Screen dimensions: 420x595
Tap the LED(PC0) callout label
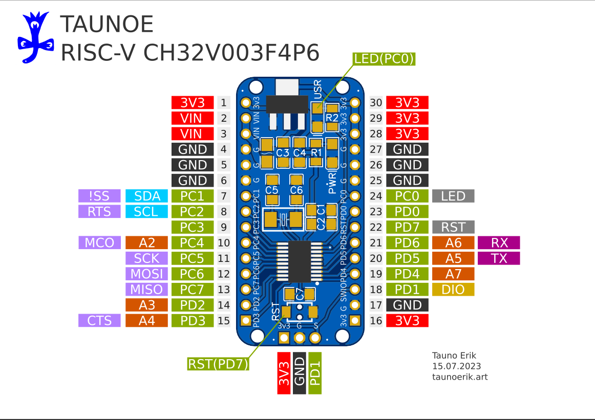pos(384,59)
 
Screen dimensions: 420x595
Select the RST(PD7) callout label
pos(218,364)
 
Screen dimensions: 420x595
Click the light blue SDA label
pos(146,196)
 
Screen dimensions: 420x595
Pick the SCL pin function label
pos(146,211)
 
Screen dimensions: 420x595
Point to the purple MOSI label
pos(146,274)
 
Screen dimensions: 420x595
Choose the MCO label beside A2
pos(99,242)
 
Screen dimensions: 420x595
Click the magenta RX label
pos(499,242)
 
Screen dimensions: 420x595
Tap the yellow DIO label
pos(453,290)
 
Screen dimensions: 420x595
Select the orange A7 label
pos(453,274)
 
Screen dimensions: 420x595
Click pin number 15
pos(223,321)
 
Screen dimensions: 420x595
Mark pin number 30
pos(376,102)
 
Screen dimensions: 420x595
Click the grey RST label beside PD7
pos(453,227)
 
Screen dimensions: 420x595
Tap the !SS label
pos(99,196)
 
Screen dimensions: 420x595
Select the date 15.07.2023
pos(456,366)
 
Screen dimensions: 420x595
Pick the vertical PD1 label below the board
pos(315,373)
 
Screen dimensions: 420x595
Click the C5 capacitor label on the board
pos(272,190)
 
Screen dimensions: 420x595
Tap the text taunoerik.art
pos(460,377)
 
